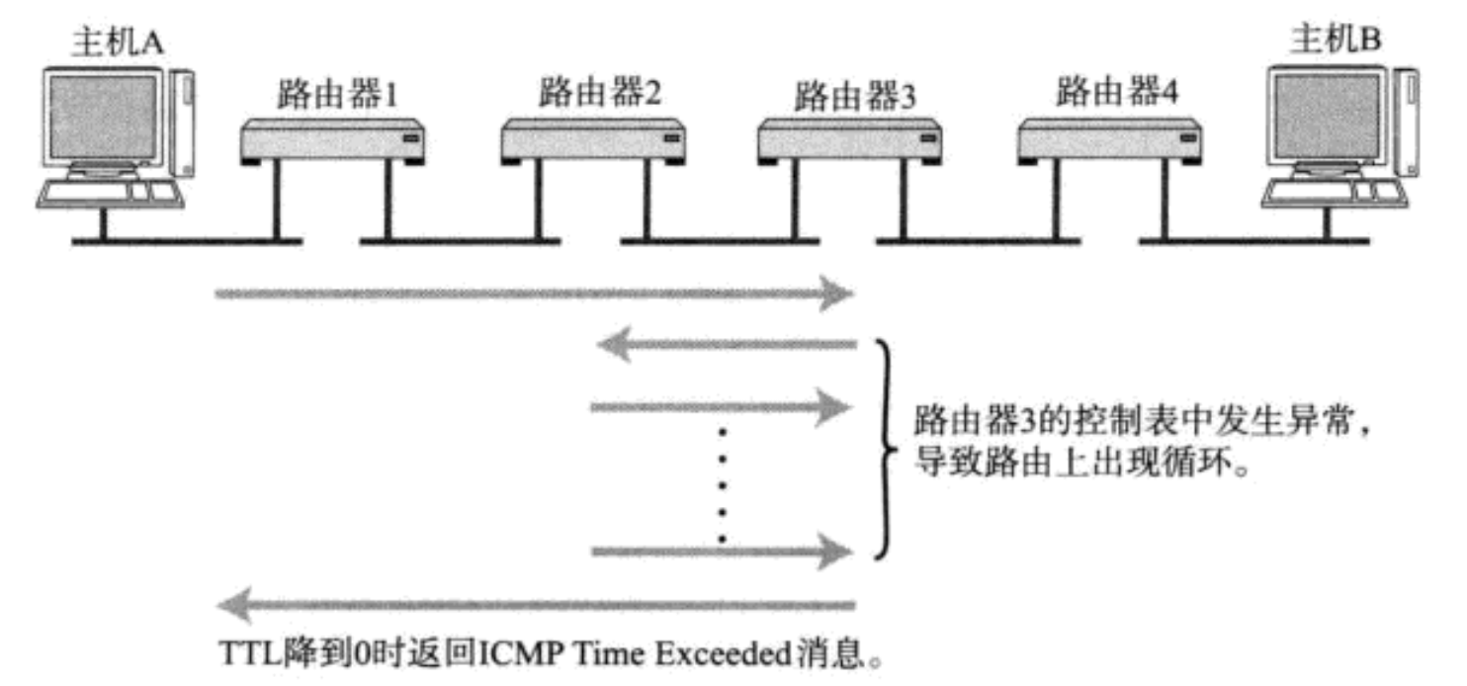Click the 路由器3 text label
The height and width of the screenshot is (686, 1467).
(x=856, y=96)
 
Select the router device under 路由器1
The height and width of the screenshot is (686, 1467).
(x=333, y=142)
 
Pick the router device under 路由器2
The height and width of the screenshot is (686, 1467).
(x=593, y=142)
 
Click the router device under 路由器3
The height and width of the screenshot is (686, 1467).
(x=850, y=142)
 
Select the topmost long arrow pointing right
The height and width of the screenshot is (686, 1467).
(x=534, y=294)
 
